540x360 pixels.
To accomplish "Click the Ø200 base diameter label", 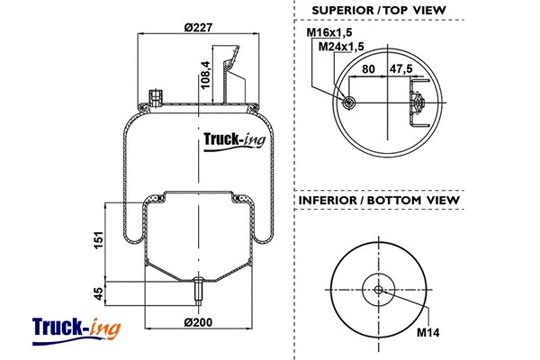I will [196, 323].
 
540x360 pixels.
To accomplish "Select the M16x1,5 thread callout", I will [327, 33].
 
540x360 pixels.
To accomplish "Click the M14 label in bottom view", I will [427, 331].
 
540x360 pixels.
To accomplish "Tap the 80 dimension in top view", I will [369, 67].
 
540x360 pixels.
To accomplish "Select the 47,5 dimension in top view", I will [400, 67].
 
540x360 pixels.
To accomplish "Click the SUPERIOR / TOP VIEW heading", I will [378, 11].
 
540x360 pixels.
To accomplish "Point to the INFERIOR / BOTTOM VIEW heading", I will [378, 199].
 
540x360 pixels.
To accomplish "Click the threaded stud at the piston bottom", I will [196, 293].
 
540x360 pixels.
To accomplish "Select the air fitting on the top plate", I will [155, 95].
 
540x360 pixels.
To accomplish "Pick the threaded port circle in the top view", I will [347, 103].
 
